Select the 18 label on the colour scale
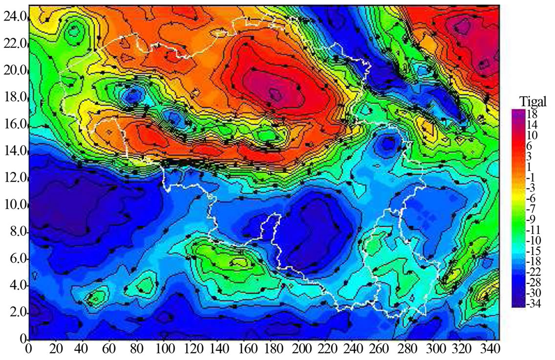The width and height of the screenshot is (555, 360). click(532, 114)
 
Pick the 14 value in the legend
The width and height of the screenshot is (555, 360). click(532, 125)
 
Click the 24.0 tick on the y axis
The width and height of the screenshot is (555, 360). click(14, 17)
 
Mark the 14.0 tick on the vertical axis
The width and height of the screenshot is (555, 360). click(14, 151)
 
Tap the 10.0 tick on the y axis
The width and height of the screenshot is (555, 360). click(14, 205)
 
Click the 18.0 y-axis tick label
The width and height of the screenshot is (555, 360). click(14, 98)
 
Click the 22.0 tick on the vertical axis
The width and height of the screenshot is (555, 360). click(14, 44)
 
